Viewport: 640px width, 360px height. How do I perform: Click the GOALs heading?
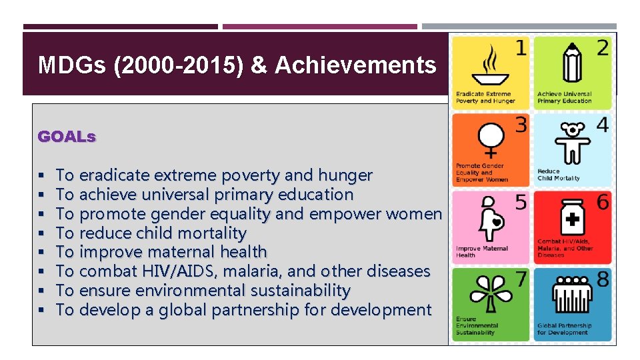pyautogui.click(x=67, y=137)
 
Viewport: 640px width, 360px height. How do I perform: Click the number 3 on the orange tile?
pyautogui.click(x=521, y=125)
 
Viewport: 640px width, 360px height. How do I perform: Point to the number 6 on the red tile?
pyautogui.click(x=602, y=202)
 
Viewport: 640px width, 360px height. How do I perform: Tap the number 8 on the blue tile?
pyautogui.click(x=602, y=279)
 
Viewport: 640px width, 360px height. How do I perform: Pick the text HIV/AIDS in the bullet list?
pyautogui.click(x=173, y=271)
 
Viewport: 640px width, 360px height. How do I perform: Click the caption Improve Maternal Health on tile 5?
pyautogui.click(x=481, y=251)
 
